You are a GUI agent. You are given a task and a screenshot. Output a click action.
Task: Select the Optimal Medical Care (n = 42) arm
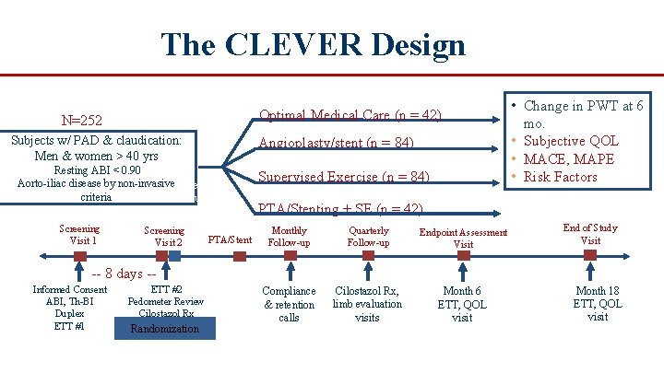coord(350,115)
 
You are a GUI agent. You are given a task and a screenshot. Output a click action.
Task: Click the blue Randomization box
coord(164,328)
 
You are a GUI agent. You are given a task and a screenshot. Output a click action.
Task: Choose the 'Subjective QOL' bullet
coord(571,141)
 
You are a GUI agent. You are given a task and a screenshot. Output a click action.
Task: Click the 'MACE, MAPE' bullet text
coord(571,158)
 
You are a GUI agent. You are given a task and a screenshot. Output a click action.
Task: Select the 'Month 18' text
coord(598,291)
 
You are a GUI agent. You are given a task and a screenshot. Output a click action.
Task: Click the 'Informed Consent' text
coord(70,290)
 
